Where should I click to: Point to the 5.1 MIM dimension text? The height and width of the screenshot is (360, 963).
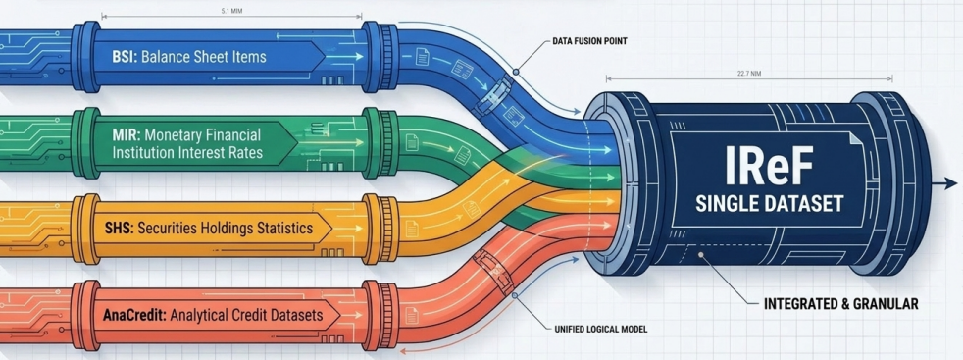click(x=230, y=11)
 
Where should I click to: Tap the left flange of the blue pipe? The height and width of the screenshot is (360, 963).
click(x=86, y=57)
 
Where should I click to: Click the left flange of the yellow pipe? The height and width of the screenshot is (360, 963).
click(x=85, y=229)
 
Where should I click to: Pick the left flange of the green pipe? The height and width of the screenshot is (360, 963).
click(x=86, y=142)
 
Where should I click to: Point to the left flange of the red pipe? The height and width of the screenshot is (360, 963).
click(x=86, y=315)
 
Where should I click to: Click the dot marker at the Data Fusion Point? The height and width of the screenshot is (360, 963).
click(x=517, y=72)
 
